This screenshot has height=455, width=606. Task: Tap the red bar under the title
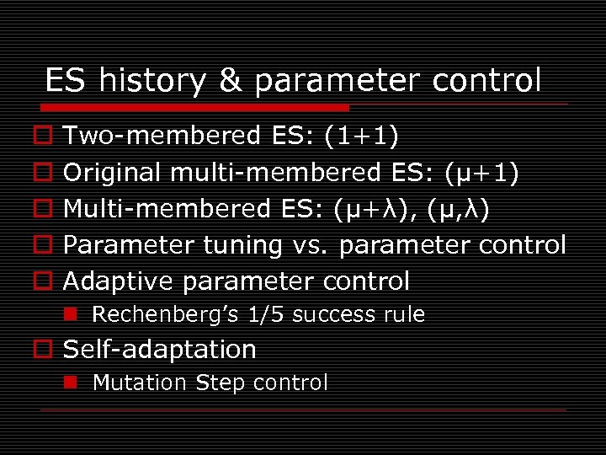194,108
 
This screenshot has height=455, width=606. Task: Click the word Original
113,172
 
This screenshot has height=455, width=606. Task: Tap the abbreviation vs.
312,245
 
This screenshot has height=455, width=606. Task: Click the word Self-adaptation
160,349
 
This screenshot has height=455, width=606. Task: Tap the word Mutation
140,383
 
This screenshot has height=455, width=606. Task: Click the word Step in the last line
221,383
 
